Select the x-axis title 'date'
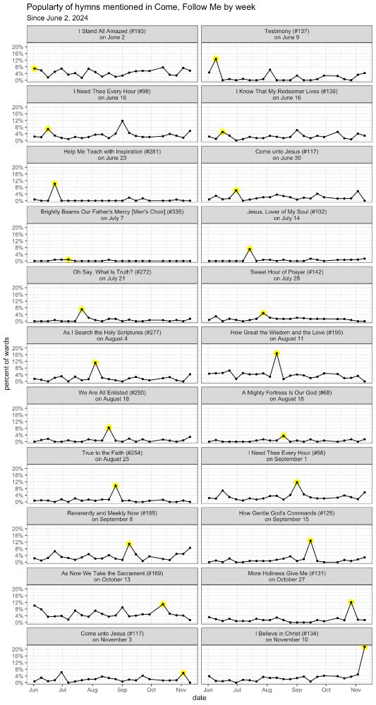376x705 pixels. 199,698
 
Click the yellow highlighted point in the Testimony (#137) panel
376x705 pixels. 216,59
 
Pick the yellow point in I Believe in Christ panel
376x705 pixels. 365,646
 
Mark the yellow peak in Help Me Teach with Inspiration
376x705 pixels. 55,184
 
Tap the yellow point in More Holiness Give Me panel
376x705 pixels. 351,603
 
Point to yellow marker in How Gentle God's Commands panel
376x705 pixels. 310,541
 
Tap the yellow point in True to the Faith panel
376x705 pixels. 116,486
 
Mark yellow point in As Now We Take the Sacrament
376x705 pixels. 163,604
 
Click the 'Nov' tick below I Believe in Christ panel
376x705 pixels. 356,689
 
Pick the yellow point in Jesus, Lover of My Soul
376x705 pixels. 250,250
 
